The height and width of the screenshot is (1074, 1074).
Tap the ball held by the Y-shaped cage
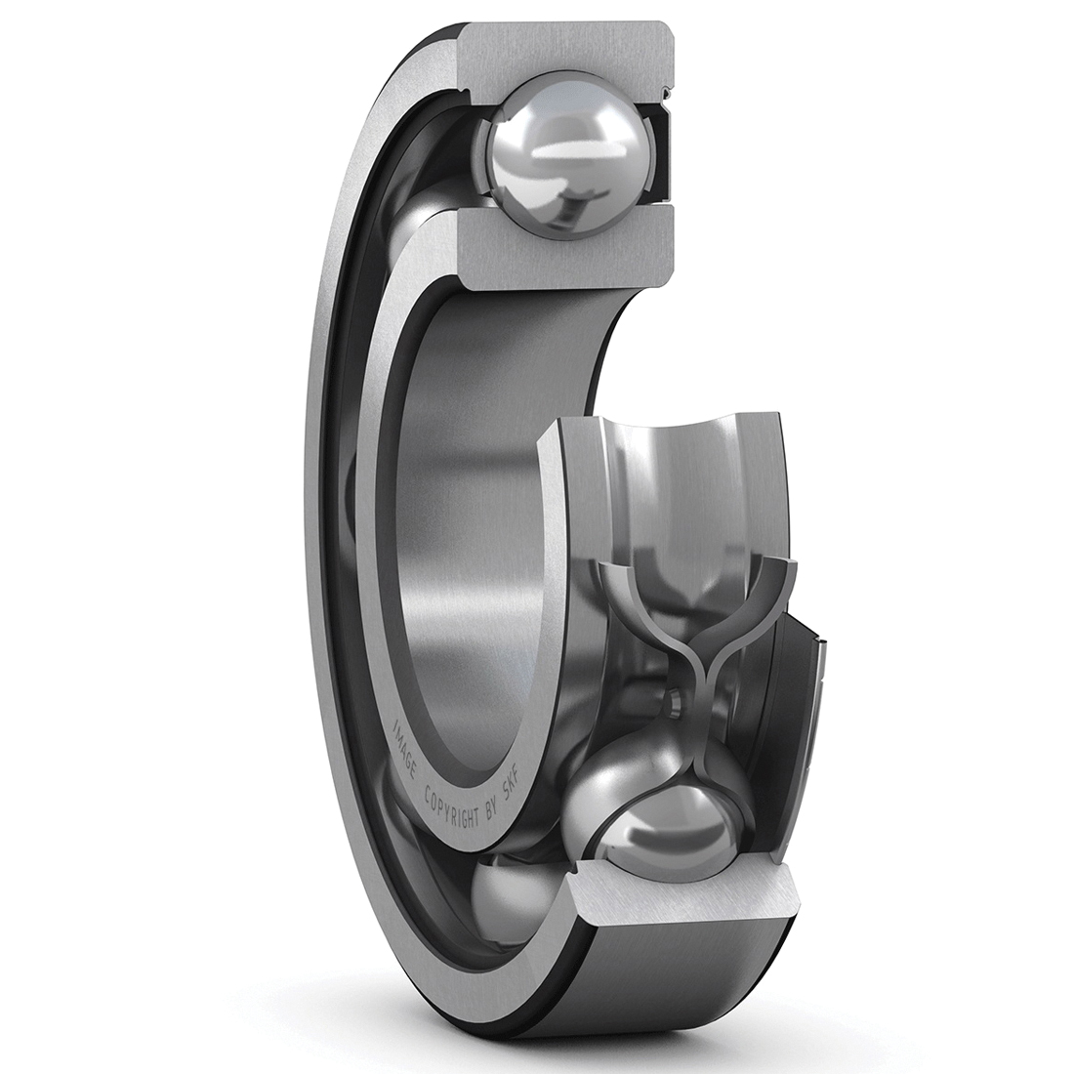click(657, 830)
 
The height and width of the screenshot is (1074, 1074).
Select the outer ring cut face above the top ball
click(568, 55)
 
